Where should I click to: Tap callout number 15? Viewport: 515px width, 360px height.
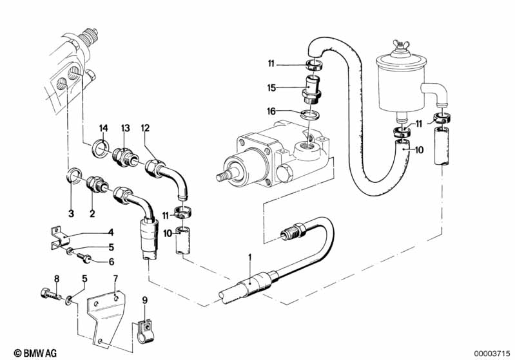(271, 88)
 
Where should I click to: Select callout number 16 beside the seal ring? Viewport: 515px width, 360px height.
(271, 111)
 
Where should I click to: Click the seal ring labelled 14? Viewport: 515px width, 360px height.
(101, 147)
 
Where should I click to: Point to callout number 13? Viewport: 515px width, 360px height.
(126, 128)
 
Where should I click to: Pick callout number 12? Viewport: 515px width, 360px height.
(145, 128)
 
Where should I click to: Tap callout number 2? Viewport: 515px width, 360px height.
(92, 214)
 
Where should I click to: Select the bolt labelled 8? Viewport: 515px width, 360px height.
(51, 294)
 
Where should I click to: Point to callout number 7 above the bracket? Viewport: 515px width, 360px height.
(115, 279)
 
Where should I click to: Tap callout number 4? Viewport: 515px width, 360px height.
(111, 232)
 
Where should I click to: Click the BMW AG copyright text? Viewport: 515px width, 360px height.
(35, 353)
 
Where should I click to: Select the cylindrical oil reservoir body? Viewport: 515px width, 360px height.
(401, 84)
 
